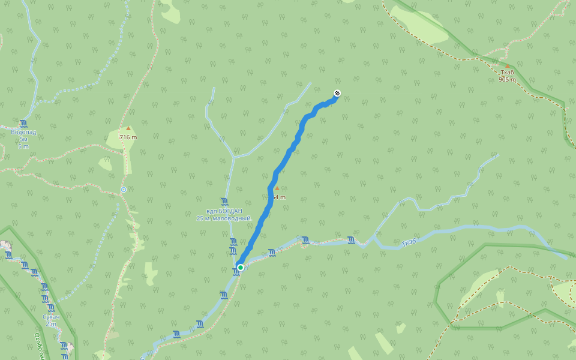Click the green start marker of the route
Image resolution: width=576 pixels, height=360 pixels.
241,268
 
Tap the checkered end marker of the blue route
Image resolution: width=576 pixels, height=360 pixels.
337,93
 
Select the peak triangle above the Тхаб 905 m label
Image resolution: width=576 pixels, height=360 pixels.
507,65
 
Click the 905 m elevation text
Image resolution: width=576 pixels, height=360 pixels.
507,79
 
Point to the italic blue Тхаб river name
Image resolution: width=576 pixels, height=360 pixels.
409,242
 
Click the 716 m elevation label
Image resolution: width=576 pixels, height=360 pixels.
128,137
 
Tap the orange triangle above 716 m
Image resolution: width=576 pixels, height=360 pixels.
128,128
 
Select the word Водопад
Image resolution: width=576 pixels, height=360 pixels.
23,132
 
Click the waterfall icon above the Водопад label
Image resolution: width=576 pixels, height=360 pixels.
23,124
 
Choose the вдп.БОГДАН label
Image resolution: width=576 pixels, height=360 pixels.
224,211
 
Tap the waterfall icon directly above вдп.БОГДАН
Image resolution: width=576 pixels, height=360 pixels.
224,202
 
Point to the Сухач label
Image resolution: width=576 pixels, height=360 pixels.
52,316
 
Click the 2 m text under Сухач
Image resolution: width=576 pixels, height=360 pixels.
52,324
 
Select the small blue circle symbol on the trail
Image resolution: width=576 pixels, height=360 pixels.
124,190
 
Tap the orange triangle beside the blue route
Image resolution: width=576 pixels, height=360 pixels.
277,188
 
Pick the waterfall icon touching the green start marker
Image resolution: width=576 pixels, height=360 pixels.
236,272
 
